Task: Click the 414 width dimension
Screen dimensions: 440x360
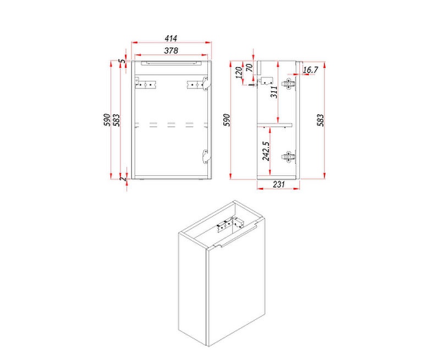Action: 171,38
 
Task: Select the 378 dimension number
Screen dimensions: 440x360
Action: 171,51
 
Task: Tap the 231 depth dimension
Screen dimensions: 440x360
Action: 279,184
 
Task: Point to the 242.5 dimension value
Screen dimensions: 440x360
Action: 266,151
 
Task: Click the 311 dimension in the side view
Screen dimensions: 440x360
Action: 274,92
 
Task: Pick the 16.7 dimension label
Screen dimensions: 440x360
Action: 310,70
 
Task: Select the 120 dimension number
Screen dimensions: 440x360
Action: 239,73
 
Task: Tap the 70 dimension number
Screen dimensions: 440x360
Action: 249,68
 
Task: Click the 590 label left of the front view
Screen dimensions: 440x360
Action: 107,120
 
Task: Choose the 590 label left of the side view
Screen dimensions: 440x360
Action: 227,120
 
